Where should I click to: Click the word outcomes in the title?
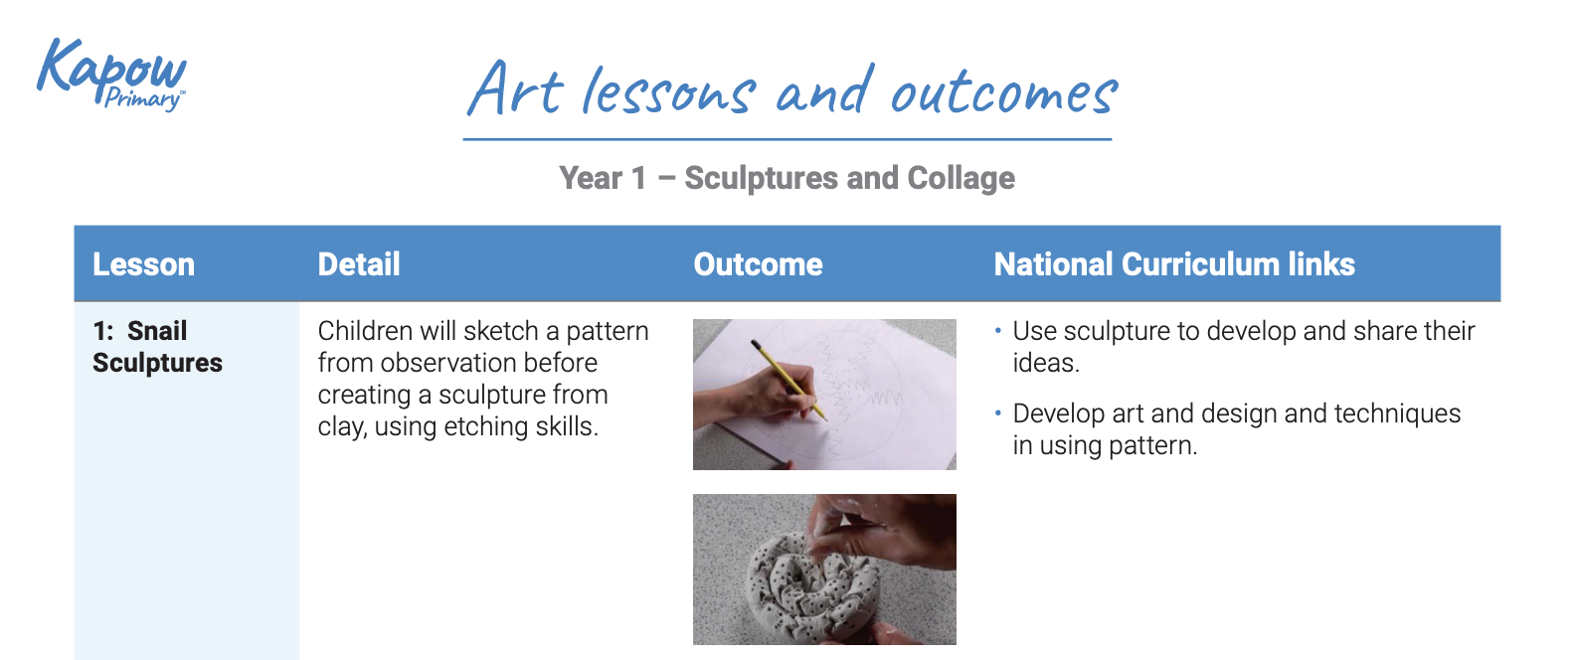(1003, 92)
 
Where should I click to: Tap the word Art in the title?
(516, 89)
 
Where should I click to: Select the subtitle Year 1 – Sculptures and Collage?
(786, 178)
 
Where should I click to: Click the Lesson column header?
(143, 264)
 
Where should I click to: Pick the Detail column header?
(358, 264)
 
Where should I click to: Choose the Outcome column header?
(758, 264)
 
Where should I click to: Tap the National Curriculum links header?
(1173, 264)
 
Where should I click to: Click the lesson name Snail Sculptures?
(156, 347)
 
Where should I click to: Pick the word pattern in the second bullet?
(1151, 445)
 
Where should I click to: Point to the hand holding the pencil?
(756, 398)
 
